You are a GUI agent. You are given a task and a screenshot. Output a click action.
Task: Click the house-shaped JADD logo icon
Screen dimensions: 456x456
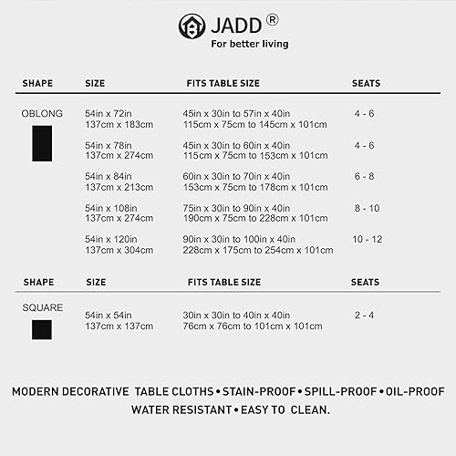[x=192, y=26]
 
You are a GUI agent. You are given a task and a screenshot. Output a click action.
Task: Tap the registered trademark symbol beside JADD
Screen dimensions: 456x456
[x=272, y=19]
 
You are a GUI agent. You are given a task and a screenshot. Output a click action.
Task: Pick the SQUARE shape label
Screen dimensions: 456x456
[x=42, y=307]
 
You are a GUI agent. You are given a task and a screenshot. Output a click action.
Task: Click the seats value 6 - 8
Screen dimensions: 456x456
[x=365, y=176]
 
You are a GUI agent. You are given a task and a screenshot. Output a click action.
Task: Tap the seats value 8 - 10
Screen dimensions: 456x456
[x=367, y=208]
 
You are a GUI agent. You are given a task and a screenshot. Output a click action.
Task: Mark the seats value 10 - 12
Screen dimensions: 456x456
[x=368, y=239]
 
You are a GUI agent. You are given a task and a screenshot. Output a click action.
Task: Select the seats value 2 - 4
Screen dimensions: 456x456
[x=365, y=315]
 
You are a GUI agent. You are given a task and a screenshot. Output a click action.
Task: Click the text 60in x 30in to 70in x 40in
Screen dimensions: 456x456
[x=236, y=176]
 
